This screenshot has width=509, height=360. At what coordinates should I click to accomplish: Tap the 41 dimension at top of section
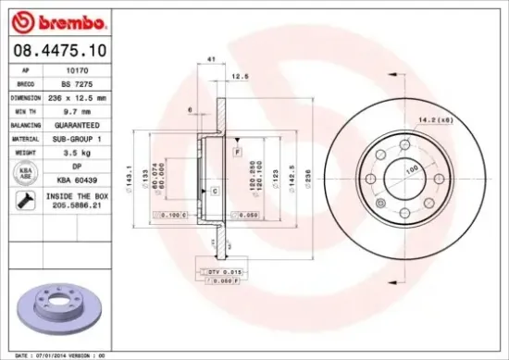212,60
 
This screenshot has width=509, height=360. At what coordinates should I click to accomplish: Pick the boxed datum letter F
238,150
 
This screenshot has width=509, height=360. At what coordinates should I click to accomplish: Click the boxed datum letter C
214,191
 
